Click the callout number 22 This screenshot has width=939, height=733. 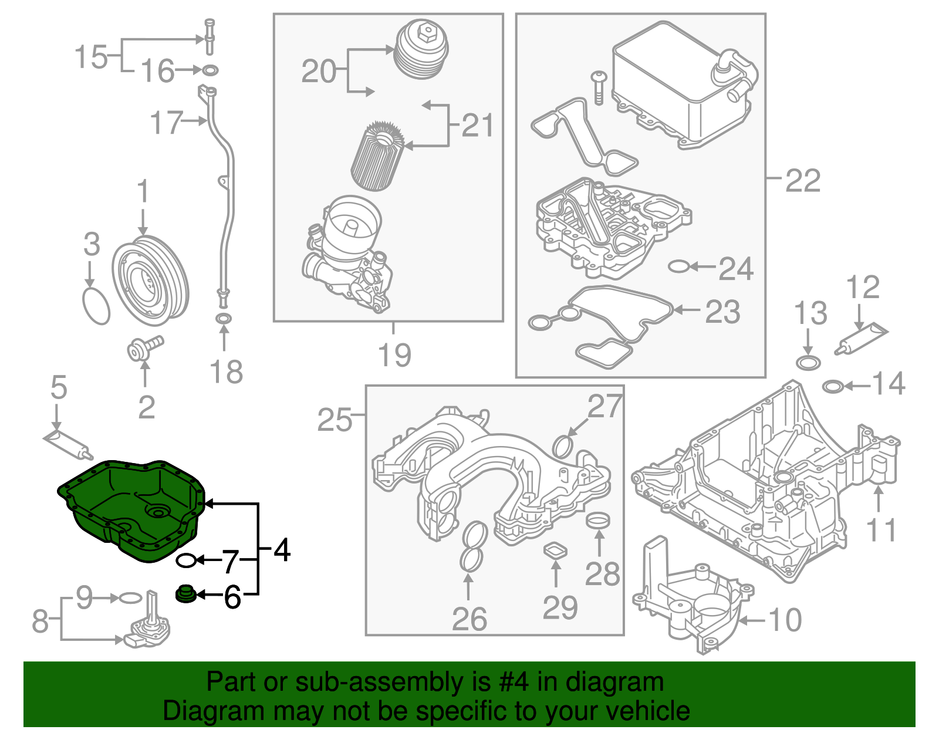[x=802, y=181]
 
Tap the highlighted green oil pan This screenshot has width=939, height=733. [x=130, y=509]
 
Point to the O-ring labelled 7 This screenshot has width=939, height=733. [x=187, y=560]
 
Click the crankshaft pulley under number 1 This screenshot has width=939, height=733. [x=150, y=281]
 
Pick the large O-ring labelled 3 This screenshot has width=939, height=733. [x=96, y=306]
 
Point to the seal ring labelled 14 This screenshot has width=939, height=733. [x=833, y=387]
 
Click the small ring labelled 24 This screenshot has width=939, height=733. [x=678, y=266]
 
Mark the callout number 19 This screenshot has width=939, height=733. [x=394, y=354]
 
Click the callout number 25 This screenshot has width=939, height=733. [x=335, y=419]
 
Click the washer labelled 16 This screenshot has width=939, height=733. [x=210, y=69]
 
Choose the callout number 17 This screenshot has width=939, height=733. [x=167, y=123]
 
